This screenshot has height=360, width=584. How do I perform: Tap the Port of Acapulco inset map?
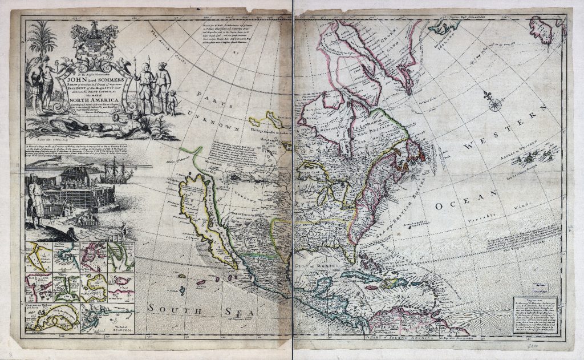[x=108, y=319]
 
